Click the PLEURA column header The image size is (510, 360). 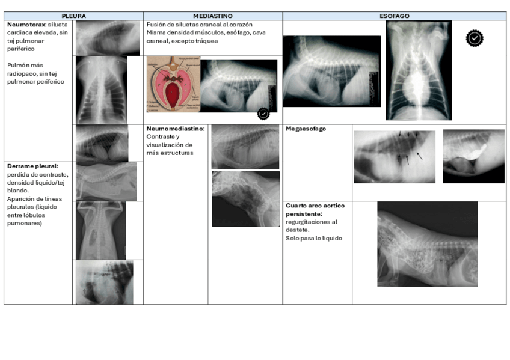click(73, 16)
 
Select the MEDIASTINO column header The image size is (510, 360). click(213, 16)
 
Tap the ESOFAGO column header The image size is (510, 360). click(394, 16)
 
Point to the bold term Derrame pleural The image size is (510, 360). click(32, 166)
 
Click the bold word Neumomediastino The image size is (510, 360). click(175, 129)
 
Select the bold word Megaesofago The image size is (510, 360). click(306, 129)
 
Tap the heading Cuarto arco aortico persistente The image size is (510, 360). click(315, 209)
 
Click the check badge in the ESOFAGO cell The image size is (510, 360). click(475, 38)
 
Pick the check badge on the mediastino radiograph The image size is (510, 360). click(263, 113)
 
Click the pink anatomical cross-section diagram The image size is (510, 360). click(173, 85)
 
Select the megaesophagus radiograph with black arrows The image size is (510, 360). click(394, 156)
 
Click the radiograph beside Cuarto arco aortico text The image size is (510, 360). click(427, 243)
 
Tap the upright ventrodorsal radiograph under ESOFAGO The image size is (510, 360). click(419, 70)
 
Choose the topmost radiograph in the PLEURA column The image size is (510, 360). click(108, 37)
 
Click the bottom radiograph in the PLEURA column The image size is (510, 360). click(105, 282)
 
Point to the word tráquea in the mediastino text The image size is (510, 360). click(206, 41)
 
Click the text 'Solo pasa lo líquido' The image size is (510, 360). click(313, 239)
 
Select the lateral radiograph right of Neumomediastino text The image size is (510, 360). click(245, 147)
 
